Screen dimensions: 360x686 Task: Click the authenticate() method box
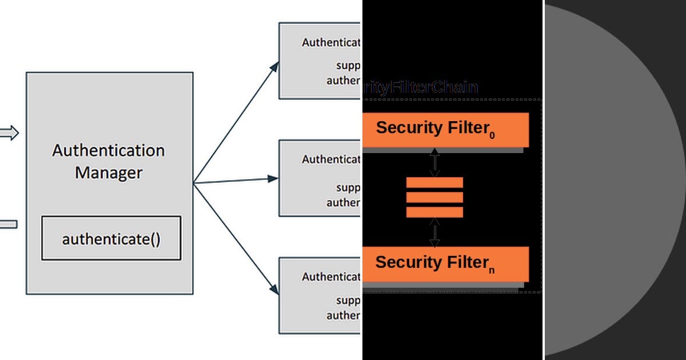111,238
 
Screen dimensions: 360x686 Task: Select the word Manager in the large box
109,172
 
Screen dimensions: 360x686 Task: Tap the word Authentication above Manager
109,150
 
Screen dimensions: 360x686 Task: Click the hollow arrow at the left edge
9,133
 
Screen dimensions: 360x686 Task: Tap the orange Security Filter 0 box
445,130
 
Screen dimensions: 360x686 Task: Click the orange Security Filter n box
445,263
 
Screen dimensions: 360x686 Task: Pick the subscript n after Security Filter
492,270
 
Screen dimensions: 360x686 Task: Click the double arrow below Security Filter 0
434,162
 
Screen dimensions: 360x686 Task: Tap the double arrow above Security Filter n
434,232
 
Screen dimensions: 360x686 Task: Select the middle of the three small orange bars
434,198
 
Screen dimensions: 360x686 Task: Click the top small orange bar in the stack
434,183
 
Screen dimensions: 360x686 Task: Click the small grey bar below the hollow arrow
8,224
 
